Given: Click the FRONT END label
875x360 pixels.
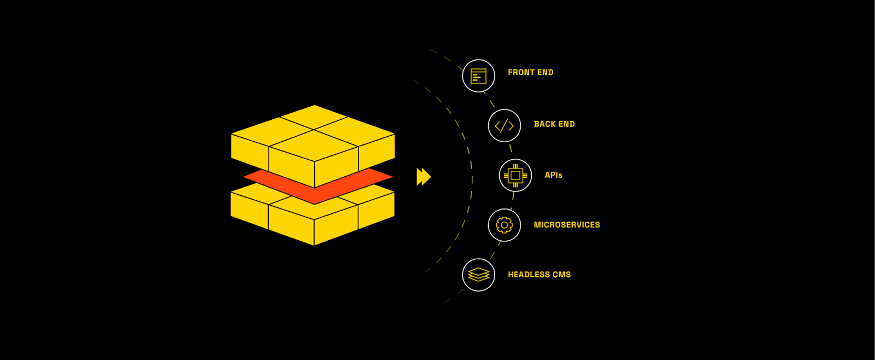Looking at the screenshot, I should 530,72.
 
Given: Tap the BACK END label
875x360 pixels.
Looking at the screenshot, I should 554,124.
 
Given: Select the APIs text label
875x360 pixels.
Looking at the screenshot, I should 553,175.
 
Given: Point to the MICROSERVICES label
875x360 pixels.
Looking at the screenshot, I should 566,225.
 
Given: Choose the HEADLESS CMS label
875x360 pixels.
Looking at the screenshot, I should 539,275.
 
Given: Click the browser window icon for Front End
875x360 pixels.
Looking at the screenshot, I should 478,76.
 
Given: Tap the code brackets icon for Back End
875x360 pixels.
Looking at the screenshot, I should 504,126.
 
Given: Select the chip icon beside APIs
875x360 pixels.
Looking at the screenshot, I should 515,176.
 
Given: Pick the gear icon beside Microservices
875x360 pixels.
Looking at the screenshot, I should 504,225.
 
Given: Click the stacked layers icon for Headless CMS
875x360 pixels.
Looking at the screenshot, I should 478,275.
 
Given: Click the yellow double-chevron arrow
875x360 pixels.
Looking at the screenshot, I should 424,177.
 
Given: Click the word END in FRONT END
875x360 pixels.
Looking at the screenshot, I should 545,72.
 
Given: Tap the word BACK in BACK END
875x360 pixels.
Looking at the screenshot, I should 544,124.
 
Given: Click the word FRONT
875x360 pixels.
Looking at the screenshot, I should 520,72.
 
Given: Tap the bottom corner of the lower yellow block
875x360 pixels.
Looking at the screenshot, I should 314,244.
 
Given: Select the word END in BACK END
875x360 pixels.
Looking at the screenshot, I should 566,124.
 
